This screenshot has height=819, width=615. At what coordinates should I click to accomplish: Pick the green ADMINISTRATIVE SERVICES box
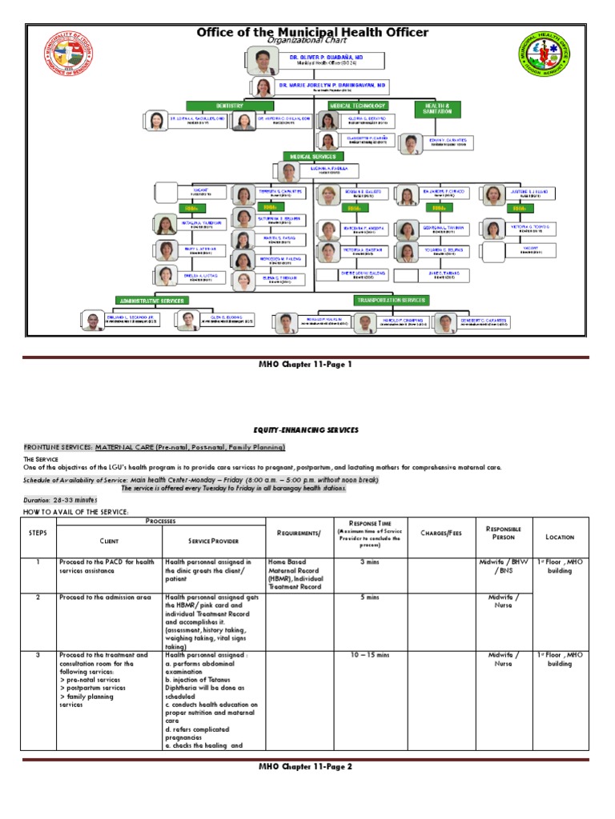coord(153,301)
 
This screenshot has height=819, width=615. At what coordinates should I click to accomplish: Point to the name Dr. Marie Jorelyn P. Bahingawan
coord(332,84)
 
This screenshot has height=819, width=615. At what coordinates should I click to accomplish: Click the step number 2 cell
coord(38,597)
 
